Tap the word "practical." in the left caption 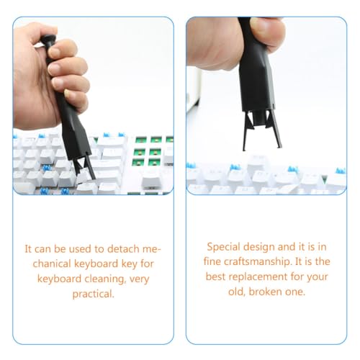[x=93, y=294]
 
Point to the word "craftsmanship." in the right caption [x=257, y=261]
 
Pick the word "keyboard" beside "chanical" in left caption [x=96, y=264]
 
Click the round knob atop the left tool [x=48, y=40]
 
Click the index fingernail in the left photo [x=55, y=51]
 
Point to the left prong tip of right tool [x=244, y=149]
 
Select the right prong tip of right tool [x=279, y=146]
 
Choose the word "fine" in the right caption [x=212, y=261]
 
